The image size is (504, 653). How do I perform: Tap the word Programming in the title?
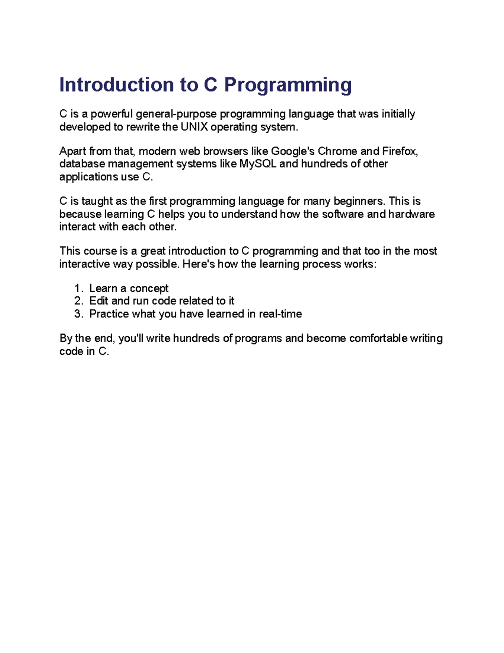point(288,85)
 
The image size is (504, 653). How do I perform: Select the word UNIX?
point(194,127)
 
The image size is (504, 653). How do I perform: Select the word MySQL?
point(258,164)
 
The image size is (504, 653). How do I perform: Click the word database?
point(82,164)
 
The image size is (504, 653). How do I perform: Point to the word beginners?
point(360,201)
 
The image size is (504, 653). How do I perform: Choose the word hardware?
point(412,214)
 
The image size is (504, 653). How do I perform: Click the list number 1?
point(78,288)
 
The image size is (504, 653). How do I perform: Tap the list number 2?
point(78,301)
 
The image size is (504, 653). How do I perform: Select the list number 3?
point(78,314)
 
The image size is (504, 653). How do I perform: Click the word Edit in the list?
point(99,301)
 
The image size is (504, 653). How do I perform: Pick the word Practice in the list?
point(109,314)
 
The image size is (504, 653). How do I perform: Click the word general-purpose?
point(176,114)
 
